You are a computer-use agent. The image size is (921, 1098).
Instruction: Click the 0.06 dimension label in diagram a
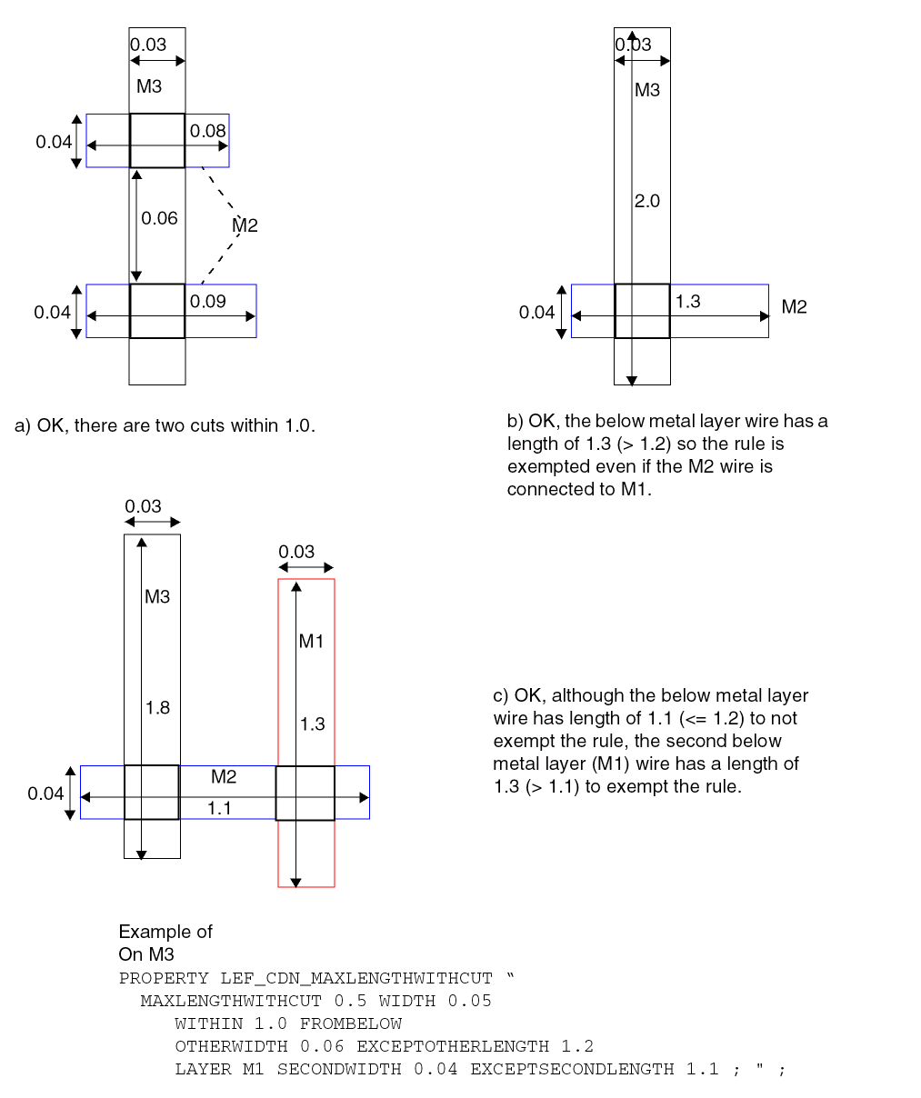pyautogui.click(x=159, y=218)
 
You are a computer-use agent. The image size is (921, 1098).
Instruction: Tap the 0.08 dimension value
pyautogui.click(x=207, y=131)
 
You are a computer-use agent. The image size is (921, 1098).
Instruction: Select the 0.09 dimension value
pyautogui.click(x=208, y=302)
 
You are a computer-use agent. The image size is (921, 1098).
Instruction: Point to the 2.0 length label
pyautogui.click(x=647, y=202)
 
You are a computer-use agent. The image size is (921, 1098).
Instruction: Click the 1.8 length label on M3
pyautogui.click(x=157, y=707)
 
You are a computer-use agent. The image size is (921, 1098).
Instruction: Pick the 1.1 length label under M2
pyautogui.click(x=219, y=807)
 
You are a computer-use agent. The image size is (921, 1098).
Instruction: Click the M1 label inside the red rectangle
pyautogui.click(x=311, y=642)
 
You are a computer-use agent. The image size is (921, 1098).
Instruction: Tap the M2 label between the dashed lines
pyautogui.click(x=245, y=225)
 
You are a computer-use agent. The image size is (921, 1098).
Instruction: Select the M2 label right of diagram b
pyautogui.click(x=794, y=307)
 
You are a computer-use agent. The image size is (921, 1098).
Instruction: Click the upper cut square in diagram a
pyautogui.click(x=157, y=141)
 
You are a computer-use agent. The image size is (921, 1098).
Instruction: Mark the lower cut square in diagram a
pyautogui.click(x=157, y=311)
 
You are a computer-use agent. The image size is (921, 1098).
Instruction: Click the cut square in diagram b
pyautogui.click(x=642, y=311)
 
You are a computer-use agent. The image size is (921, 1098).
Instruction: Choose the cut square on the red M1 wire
pyautogui.click(x=305, y=793)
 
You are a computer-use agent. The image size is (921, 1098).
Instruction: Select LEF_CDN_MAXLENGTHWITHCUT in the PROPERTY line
pyautogui.click(x=356, y=978)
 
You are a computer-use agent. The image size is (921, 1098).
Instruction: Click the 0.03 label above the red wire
pyautogui.click(x=296, y=552)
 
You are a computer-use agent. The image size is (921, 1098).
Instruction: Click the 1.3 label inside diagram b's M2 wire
pyautogui.click(x=688, y=302)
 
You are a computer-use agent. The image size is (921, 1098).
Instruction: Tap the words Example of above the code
pyautogui.click(x=165, y=932)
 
